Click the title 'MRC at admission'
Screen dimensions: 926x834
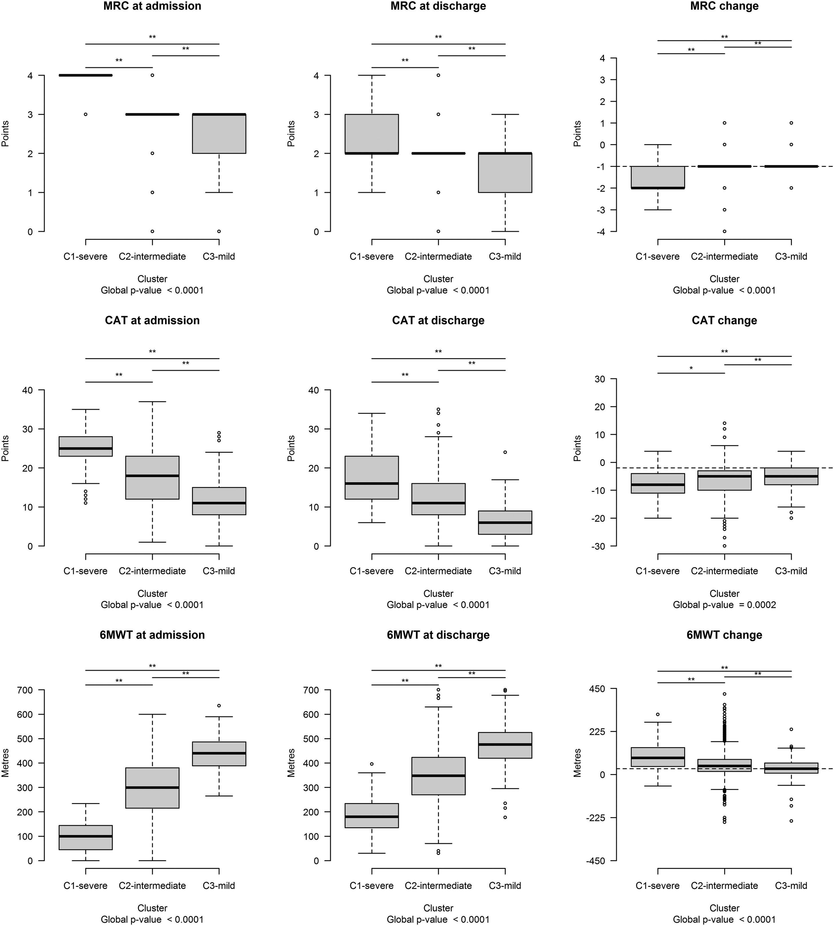click(x=152, y=6)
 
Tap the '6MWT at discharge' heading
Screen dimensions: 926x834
click(x=438, y=635)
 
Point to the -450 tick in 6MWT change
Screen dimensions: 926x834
click(x=596, y=861)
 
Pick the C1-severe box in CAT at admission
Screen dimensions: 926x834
click(x=86, y=446)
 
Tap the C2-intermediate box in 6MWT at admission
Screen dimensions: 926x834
click(x=152, y=788)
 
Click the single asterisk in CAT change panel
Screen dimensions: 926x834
click(x=691, y=368)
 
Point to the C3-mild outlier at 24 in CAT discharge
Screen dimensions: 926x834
click(x=505, y=452)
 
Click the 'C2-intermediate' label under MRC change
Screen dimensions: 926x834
click(x=724, y=256)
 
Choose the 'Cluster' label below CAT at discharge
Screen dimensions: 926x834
click(x=438, y=594)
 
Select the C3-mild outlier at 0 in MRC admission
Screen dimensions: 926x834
click(x=219, y=231)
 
